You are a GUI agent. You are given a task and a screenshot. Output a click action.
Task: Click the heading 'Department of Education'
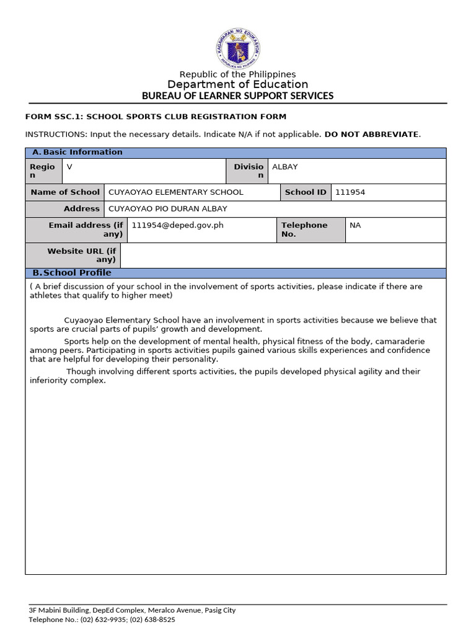coord(237,84)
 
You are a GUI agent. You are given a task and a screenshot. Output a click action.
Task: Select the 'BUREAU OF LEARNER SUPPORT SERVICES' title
coord(237,95)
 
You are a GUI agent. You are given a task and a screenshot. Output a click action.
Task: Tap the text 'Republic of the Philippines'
coord(237,74)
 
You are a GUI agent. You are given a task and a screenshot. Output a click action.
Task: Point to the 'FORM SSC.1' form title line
coord(156,117)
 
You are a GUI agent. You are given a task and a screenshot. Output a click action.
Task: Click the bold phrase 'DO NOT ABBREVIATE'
coord(371,134)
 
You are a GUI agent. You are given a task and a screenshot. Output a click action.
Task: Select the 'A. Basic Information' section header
coord(77,153)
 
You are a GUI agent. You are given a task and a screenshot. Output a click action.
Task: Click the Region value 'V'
coord(69,167)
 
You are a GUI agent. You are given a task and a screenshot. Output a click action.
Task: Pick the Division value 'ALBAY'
coord(285,167)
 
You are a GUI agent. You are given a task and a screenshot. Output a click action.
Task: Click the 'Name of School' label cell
coord(64,192)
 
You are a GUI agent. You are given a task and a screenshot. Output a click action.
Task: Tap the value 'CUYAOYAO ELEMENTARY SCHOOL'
coord(175,192)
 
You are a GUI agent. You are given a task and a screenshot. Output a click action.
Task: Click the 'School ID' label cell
coord(305,192)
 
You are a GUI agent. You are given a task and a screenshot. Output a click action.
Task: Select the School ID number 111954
coord(350,192)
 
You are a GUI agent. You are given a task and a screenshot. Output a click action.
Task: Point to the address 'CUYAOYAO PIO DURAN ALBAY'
coord(167,209)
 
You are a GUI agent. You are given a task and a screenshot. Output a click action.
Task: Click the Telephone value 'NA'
coord(355,226)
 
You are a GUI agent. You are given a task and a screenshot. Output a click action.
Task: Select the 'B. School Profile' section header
coord(72,273)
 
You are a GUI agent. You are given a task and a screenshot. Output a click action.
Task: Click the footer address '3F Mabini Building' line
coord(132,610)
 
